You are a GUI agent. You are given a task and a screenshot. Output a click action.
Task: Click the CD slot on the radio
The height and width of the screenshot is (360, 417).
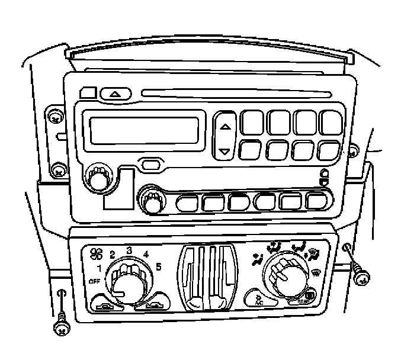pos(237,93)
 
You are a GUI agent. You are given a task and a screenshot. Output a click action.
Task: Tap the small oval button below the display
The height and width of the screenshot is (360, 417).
pos(150,163)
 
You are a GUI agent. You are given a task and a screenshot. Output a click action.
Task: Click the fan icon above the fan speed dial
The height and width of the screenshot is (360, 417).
pos(95,254)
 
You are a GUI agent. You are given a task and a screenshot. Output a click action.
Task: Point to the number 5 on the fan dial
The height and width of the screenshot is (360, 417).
pos(159,267)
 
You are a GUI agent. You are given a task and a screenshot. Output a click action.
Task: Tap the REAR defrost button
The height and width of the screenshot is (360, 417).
pos(309,296)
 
